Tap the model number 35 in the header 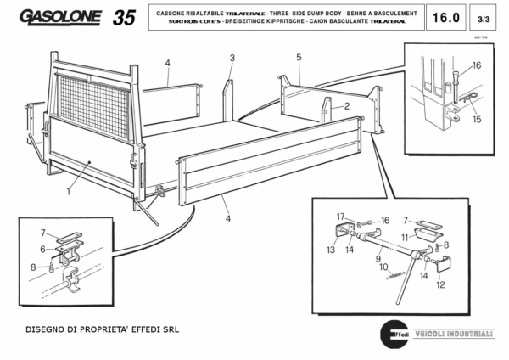click(123, 17)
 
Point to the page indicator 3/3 click(484, 17)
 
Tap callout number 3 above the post click(231, 58)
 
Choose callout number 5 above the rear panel click(299, 57)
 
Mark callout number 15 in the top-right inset click(476, 120)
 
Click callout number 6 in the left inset click(43, 249)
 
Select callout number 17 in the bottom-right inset click(339, 217)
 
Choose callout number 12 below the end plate click(439, 285)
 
